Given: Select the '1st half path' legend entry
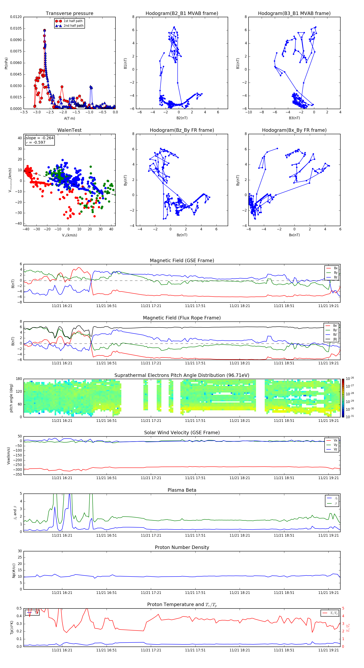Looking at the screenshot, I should pos(73,21).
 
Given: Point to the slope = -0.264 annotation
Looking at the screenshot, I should pos(40,138).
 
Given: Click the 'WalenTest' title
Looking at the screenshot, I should pos(69,130).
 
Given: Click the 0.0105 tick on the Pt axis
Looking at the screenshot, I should pos(16,29).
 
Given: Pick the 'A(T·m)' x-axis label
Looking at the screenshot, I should pos(69,118).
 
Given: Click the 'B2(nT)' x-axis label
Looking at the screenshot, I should pos(182,118).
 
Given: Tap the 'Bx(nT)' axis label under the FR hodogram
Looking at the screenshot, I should pos(294,235).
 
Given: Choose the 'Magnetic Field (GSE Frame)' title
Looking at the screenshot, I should pos(182,261).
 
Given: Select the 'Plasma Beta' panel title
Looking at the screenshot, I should pos(182,490).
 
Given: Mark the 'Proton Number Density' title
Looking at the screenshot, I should pos(182,547).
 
